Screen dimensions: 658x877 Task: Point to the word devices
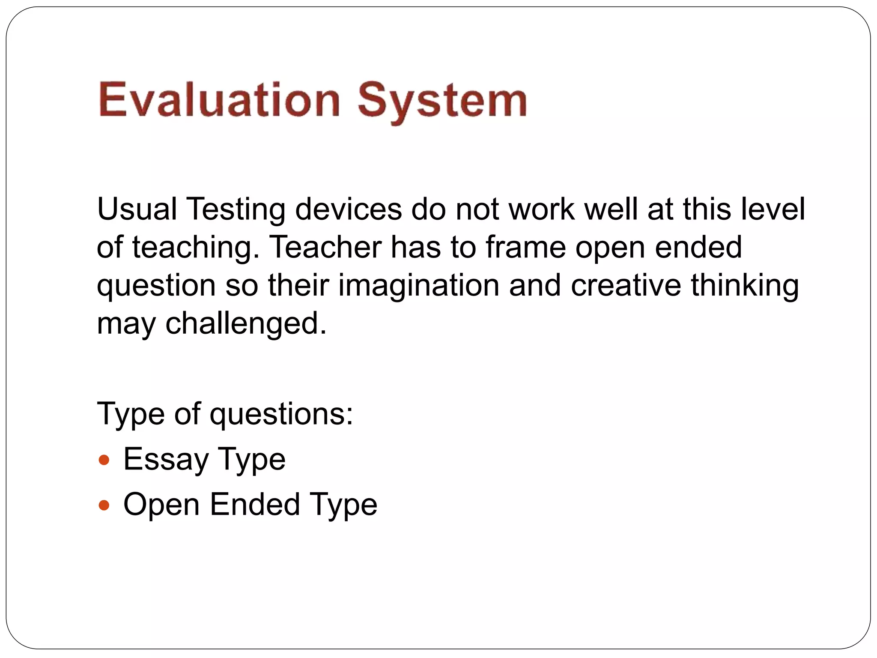point(349,209)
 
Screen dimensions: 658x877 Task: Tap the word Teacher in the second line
point(326,247)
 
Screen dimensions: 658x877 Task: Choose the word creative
point(626,285)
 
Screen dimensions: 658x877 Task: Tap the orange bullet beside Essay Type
point(104,461)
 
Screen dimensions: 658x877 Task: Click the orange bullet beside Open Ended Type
point(104,505)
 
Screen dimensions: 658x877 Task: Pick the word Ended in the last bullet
point(255,504)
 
